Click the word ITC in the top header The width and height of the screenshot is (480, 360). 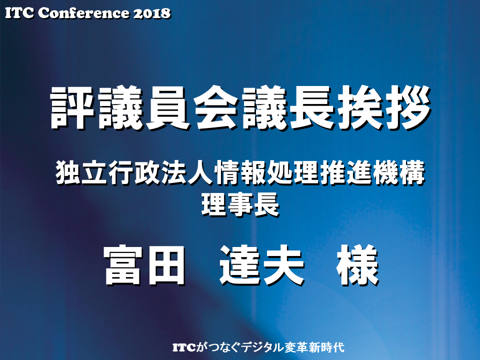(x=19, y=13)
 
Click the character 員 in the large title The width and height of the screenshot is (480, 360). (x=168, y=107)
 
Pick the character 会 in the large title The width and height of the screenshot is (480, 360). (x=216, y=107)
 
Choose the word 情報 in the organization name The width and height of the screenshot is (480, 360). (x=240, y=172)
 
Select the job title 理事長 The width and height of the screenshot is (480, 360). (x=240, y=204)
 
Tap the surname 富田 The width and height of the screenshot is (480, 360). (x=144, y=265)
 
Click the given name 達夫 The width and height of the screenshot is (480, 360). (x=261, y=265)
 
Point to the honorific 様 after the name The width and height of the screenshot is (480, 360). (x=357, y=265)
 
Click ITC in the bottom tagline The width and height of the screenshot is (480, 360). (x=184, y=347)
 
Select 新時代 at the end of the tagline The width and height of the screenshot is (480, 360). (x=327, y=347)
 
